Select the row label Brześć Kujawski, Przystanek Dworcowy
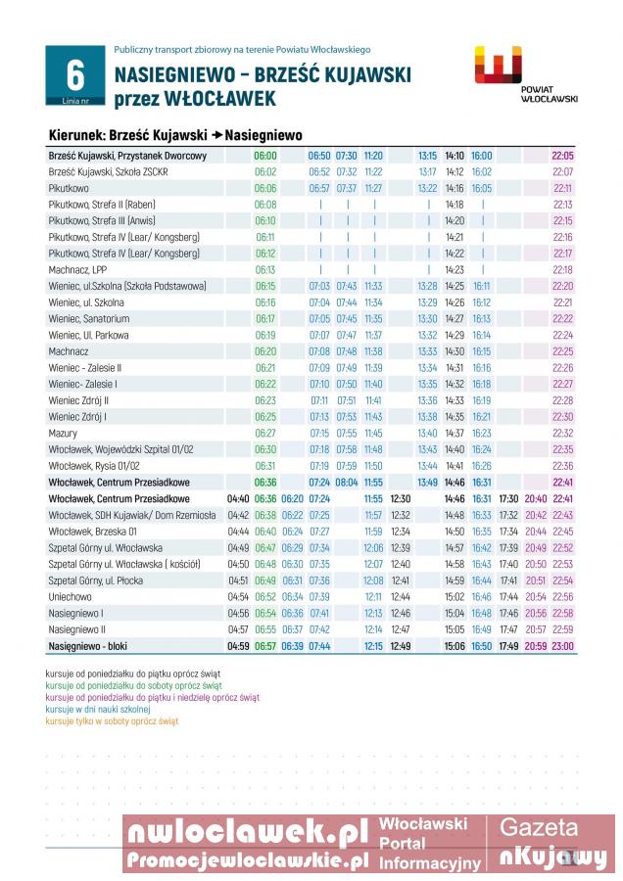click(127, 156)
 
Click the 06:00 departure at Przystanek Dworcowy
click(265, 156)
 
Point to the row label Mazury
click(64, 433)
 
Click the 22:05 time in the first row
click(562, 156)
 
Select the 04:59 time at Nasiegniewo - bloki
click(238, 646)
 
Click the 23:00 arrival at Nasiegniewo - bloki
click(562, 646)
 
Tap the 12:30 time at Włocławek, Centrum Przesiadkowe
click(400, 498)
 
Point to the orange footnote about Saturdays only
click(112, 721)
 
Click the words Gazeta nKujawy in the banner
click(552, 843)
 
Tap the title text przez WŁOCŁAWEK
click(195, 99)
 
